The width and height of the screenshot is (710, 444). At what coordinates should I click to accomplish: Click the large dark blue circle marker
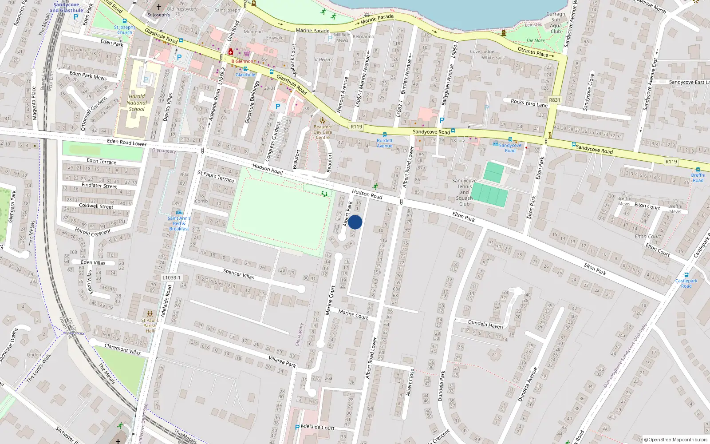tap(355, 222)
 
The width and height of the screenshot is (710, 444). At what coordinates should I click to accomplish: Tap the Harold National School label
tap(137, 103)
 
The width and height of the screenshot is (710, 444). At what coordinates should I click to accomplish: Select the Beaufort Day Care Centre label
tap(323, 132)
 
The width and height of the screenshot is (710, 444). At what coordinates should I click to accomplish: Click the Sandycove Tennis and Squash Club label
tap(464, 192)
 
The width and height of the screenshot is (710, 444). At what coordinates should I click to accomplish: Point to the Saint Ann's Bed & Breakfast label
tap(179, 223)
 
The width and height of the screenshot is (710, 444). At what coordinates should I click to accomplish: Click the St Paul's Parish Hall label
tap(150, 325)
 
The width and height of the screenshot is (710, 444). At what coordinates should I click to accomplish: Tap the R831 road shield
tap(554, 100)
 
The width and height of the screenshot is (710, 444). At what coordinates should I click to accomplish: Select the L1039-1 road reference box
tap(171, 277)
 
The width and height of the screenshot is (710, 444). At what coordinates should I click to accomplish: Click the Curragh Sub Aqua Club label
tap(556, 23)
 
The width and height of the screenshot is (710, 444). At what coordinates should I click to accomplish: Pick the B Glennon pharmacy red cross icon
tap(230, 52)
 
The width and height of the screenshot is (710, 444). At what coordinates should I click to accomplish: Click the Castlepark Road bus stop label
tap(686, 283)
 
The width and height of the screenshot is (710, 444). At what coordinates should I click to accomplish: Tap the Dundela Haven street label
tap(485, 324)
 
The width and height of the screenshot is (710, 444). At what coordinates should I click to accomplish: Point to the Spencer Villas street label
tap(239, 274)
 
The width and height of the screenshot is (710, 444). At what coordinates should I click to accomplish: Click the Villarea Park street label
tap(282, 361)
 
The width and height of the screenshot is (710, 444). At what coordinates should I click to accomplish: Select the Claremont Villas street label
tap(122, 349)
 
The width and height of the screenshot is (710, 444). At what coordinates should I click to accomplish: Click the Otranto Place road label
tap(532, 52)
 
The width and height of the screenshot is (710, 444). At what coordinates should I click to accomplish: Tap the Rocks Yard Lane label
tap(529, 103)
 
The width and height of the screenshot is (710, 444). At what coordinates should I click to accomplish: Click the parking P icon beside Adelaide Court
tap(297, 428)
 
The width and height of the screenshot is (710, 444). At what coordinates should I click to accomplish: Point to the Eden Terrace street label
tap(102, 161)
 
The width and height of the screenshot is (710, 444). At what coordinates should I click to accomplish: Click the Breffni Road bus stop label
tap(698, 178)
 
